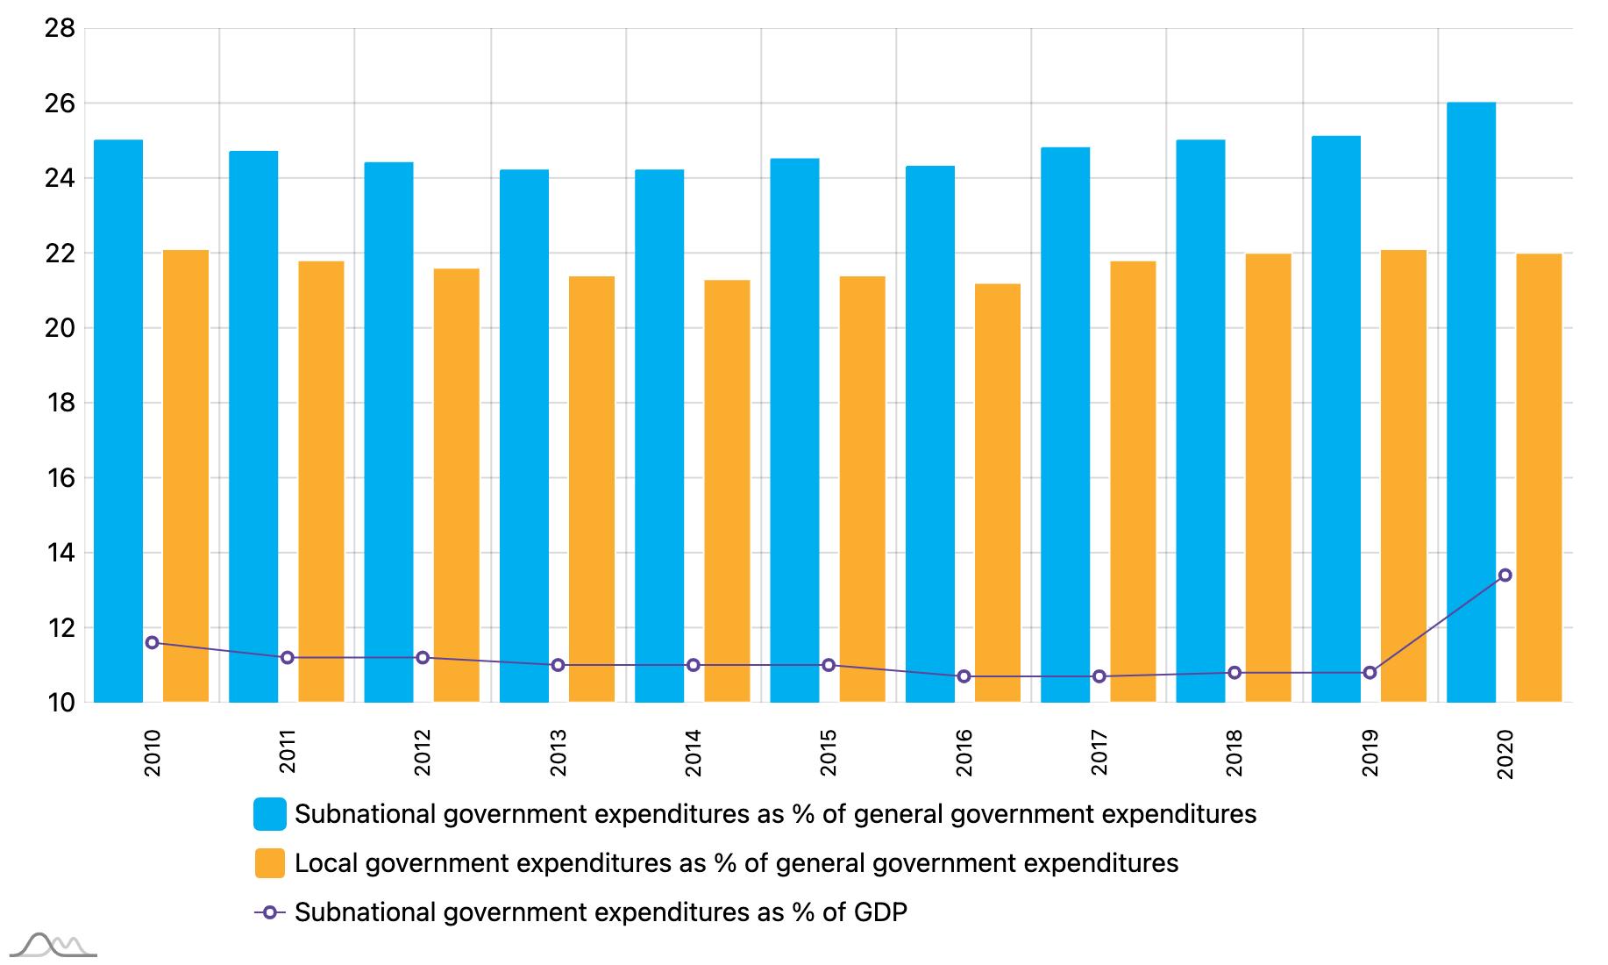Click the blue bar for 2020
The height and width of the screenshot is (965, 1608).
coord(1470,404)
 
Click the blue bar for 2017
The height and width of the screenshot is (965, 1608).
coord(1065,425)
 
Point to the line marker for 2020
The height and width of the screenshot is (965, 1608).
coord(1505,575)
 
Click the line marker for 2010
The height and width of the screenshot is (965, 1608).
coord(152,643)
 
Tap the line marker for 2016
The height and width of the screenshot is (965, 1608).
coord(964,676)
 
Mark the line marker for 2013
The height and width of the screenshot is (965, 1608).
coord(558,665)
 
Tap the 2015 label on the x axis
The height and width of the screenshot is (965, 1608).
coord(829,753)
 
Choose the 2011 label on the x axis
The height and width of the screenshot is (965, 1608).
coord(288,753)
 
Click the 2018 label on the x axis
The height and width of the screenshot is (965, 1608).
coord(1234,753)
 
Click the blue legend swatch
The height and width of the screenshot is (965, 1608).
coord(270,814)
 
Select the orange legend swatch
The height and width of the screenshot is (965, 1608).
coord(270,863)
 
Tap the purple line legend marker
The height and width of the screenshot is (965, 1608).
coord(270,912)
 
